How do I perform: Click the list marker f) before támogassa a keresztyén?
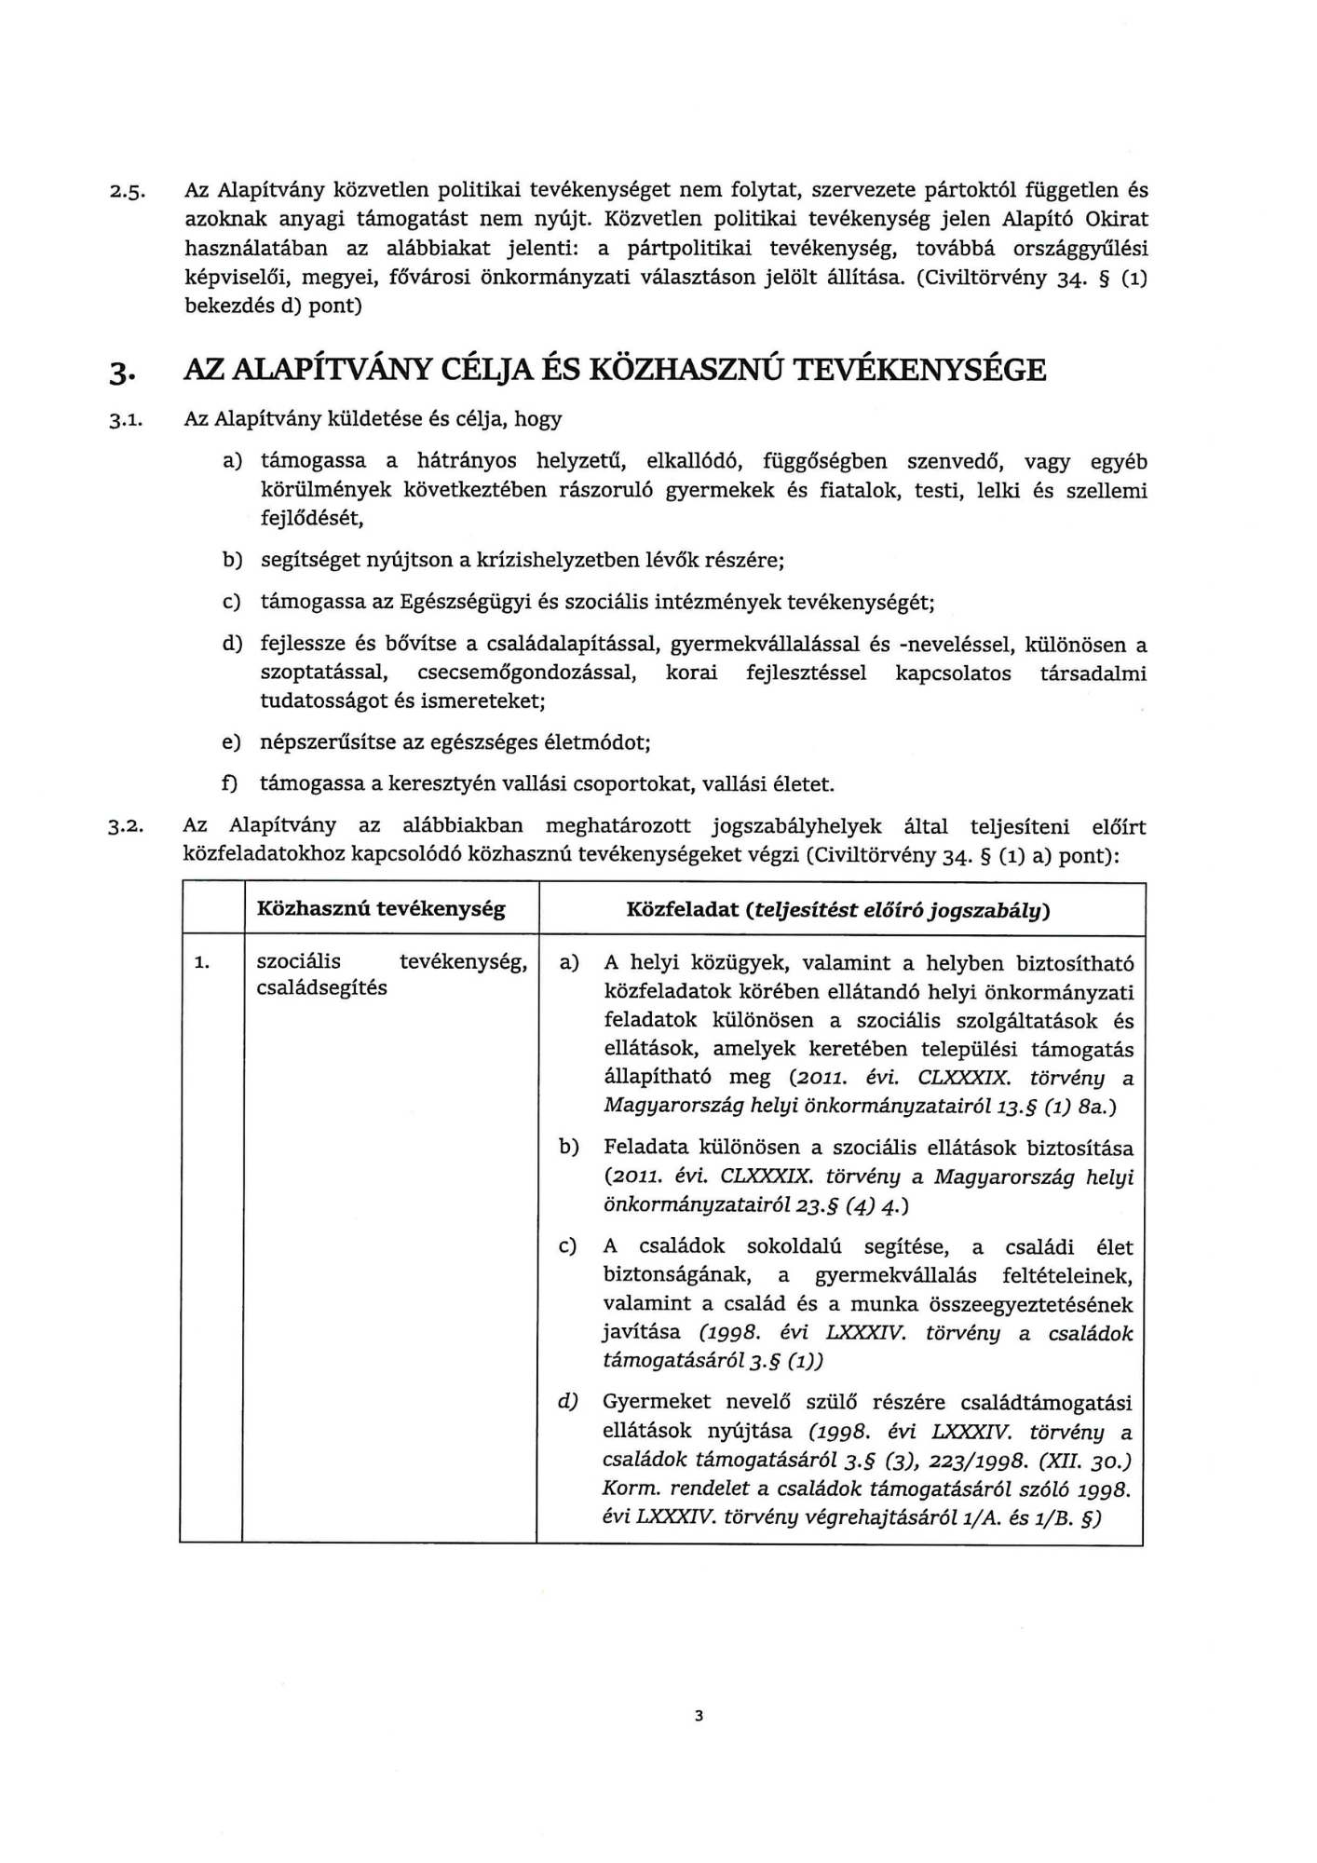(229, 784)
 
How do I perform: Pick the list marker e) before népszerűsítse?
(230, 742)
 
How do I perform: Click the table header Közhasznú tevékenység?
(380, 909)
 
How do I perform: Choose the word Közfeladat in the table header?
(682, 909)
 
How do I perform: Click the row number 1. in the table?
(202, 963)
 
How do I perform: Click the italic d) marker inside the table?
(568, 1402)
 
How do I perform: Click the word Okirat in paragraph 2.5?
(1118, 219)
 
